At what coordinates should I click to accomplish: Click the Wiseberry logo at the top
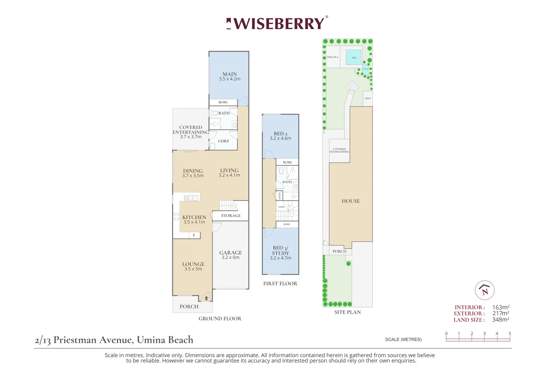(x=277, y=24)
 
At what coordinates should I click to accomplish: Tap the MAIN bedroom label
(x=230, y=75)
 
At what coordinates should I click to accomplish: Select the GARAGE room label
(x=230, y=253)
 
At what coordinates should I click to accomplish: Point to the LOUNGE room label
(x=193, y=264)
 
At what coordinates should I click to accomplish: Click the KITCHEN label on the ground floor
(x=194, y=218)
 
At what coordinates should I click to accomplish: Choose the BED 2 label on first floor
(x=281, y=134)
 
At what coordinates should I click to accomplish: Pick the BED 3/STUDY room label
(x=281, y=251)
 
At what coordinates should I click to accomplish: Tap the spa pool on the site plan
(x=354, y=58)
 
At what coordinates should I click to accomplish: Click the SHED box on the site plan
(x=367, y=98)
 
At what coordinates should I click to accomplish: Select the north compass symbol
(x=484, y=290)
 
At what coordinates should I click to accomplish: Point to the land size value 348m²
(x=501, y=319)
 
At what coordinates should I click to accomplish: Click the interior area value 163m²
(x=501, y=307)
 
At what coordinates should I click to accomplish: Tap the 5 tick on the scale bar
(x=510, y=334)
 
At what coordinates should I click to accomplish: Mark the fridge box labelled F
(x=194, y=235)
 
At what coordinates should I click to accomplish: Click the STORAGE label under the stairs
(x=231, y=216)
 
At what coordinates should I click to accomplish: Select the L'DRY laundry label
(x=224, y=141)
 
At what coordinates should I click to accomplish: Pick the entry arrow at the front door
(x=206, y=298)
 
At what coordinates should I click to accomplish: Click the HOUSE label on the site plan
(x=351, y=201)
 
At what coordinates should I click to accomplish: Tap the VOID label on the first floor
(x=281, y=207)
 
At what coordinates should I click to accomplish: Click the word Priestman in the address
(x=75, y=340)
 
